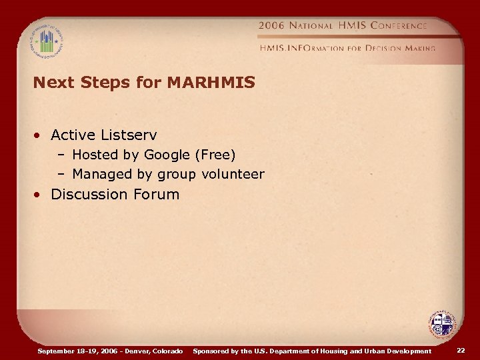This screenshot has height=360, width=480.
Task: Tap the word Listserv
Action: (x=129, y=135)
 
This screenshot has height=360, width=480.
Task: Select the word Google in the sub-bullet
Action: (x=167, y=155)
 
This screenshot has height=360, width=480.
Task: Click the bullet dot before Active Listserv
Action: (x=41, y=136)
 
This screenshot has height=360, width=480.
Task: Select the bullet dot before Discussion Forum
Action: (x=41, y=195)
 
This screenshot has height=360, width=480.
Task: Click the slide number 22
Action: (x=461, y=351)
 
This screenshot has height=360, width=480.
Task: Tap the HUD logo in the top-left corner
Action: (x=46, y=41)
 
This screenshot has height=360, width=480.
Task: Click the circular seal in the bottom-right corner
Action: (x=441, y=325)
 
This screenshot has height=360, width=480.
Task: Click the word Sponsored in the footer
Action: (x=211, y=351)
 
